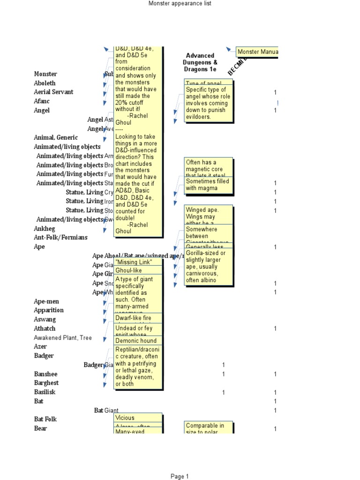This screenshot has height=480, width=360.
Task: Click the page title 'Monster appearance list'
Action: point(180,4)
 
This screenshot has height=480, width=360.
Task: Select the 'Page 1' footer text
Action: point(180,476)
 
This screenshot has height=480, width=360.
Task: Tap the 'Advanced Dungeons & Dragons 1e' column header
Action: point(200,62)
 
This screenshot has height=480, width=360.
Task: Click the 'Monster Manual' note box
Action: point(257,52)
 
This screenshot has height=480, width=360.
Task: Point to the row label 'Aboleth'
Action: point(45,83)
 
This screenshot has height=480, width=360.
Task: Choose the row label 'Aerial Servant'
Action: point(53,92)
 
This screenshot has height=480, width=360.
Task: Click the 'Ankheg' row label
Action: point(45,228)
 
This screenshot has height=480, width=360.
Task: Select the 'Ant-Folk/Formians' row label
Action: point(60,238)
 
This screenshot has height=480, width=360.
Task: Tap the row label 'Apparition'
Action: point(49,310)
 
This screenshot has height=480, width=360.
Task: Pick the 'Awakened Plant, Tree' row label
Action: point(63,337)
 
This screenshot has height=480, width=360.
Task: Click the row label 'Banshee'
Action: point(46,374)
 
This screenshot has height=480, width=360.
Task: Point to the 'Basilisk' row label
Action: point(45,392)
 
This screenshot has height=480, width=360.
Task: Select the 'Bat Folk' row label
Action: point(45,419)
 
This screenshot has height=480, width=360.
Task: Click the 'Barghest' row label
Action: point(46,383)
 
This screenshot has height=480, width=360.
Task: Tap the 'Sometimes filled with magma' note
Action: point(208,185)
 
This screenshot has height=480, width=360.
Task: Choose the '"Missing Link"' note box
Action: point(139,262)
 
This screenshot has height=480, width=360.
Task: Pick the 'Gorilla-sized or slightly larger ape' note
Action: point(208,266)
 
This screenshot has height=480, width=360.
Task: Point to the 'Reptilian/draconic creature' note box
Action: point(139,367)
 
